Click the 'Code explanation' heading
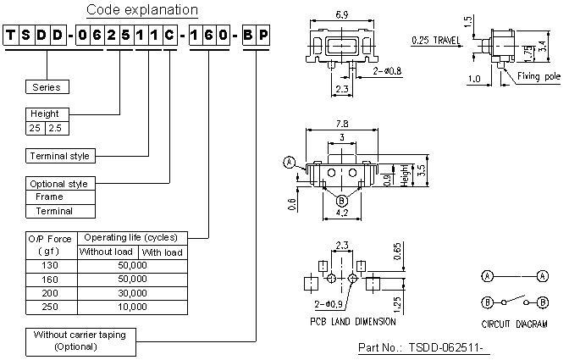tap(142, 10)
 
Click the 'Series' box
tap(47, 86)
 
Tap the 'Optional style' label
tap(58, 183)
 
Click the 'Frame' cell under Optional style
tap(48, 197)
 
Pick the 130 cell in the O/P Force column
tap(52, 265)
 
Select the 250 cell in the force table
tap(52, 306)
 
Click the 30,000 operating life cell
tap(132, 292)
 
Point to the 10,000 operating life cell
tap(132, 306)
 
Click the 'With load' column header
tap(163, 252)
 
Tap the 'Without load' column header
tap(107, 252)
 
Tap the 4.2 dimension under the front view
tap(342, 213)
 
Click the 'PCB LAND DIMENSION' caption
tap(352, 321)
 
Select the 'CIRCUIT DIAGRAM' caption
tap(514, 323)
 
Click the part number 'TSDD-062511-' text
tap(425, 348)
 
